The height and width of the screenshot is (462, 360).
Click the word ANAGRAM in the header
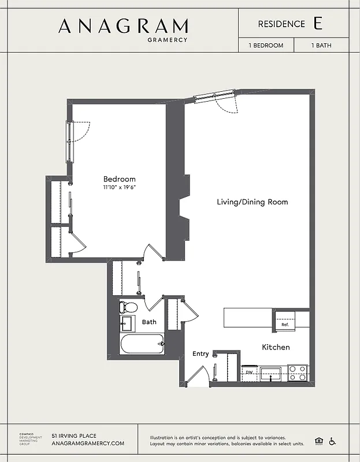[123, 26]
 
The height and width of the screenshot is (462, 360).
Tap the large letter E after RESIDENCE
[317, 24]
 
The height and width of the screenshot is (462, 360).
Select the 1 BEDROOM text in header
[266, 45]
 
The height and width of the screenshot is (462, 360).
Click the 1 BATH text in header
[321, 45]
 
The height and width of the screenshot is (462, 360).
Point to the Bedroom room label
[120, 179]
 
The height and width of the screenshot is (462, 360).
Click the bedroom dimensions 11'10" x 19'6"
[120, 188]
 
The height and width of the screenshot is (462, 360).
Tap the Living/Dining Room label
[252, 202]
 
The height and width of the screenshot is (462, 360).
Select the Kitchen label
[276, 347]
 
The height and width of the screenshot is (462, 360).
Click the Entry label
[201, 353]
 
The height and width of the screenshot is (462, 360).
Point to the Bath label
[149, 322]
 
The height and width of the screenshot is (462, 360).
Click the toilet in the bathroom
[128, 307]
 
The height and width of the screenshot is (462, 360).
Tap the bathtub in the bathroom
[142, 344]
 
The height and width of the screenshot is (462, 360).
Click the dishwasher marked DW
[250, 372]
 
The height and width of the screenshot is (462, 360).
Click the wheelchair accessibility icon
[332, 441]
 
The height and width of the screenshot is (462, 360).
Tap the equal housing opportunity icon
[318, 441]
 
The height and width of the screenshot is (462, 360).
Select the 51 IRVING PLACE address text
[74, 435]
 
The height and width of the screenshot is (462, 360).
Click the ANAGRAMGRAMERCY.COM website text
[88, 444]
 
